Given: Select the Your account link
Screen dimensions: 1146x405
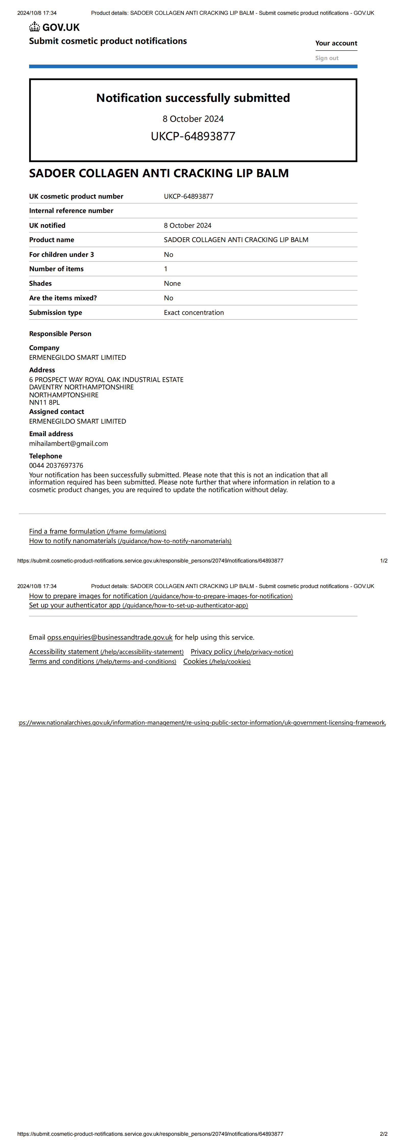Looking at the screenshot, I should click(x=336, y=43).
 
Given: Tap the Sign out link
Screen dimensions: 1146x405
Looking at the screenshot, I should click(x=327, y=58).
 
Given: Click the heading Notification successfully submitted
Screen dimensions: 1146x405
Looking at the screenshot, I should click(x=193, y=98).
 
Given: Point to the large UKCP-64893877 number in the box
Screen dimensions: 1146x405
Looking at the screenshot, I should click(x=193, y=136).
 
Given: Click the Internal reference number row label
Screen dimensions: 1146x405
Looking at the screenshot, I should click(x=71, y=211).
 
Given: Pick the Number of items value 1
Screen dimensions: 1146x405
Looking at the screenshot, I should click(x=165, y=269).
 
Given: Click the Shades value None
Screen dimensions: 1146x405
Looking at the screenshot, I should click(x=172, y=283).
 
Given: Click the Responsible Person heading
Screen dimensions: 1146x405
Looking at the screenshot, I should click(x=60, y=334).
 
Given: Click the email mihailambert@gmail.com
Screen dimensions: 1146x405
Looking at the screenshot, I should click(x=68, y=444).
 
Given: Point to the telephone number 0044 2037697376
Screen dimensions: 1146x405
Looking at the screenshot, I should click(x=56, y=465).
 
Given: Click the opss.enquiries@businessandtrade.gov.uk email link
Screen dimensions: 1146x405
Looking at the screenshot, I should click(x=110, y=638).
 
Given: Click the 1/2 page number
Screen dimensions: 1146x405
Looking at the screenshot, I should click(x=384, y=560).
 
